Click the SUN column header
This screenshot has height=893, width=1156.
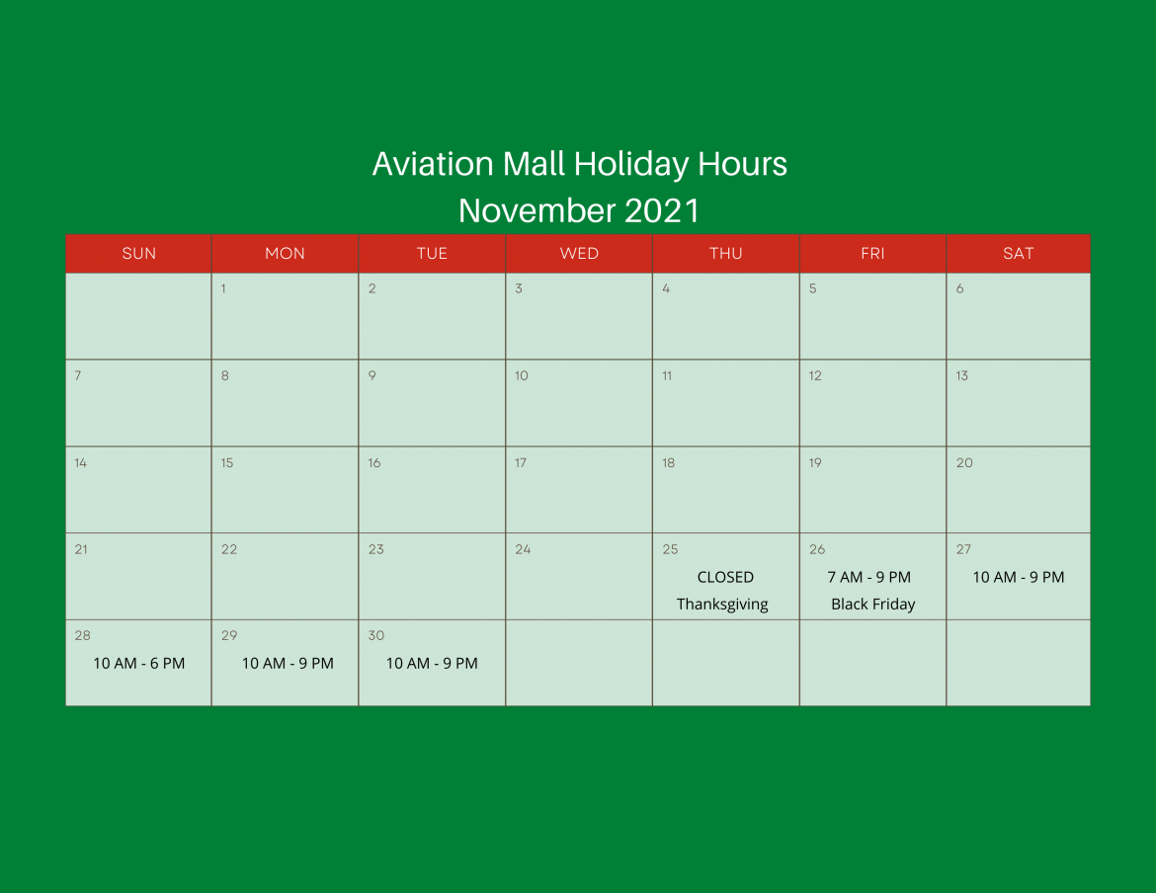pyautogui.click(x=138, y=254)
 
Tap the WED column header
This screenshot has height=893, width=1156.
pyautogui.click(x=579, y=254)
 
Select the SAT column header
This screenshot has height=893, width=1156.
pyautogui.click(x=1018, y=254)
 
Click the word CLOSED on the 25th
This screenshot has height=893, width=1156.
pyautogui.click(x=725, y=577)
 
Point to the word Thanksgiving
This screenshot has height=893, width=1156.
pyautogui.click(x=722, y=605)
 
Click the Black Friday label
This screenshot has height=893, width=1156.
pyautogui.click(x=872, y=605)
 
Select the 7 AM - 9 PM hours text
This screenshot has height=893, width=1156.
pyautogui.click(x=869, y=577)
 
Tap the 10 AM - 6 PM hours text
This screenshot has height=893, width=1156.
pyautogui.click(x=138, y=663)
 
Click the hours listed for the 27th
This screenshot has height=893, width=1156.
pyautogui.click(x=1018, y=577)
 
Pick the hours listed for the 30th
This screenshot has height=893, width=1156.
pyautogui.click(x=432, y=663)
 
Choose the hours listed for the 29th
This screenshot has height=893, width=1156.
pyautogui.click(x=288, y=663)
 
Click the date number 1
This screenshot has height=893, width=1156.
pyautogui.click(x=223, y=288)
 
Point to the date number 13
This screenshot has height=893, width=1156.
pyautogui.click(x=962, y=375)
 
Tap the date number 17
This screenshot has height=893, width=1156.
pyautogui.click(x=521, y=462)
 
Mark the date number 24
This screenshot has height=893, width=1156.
pyautogui.click(x=523, y=549)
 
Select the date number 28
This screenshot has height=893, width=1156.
pyautogui.click(x=83, y=635)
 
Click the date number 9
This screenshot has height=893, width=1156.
pyautogui.click(x=372, y=375)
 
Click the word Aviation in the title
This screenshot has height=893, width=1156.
pyautogui.click(x=433, y=164)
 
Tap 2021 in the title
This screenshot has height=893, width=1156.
pyautogui.click(x=661, y=210)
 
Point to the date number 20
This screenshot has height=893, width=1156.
pyautogui.click(x=964, y=462)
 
